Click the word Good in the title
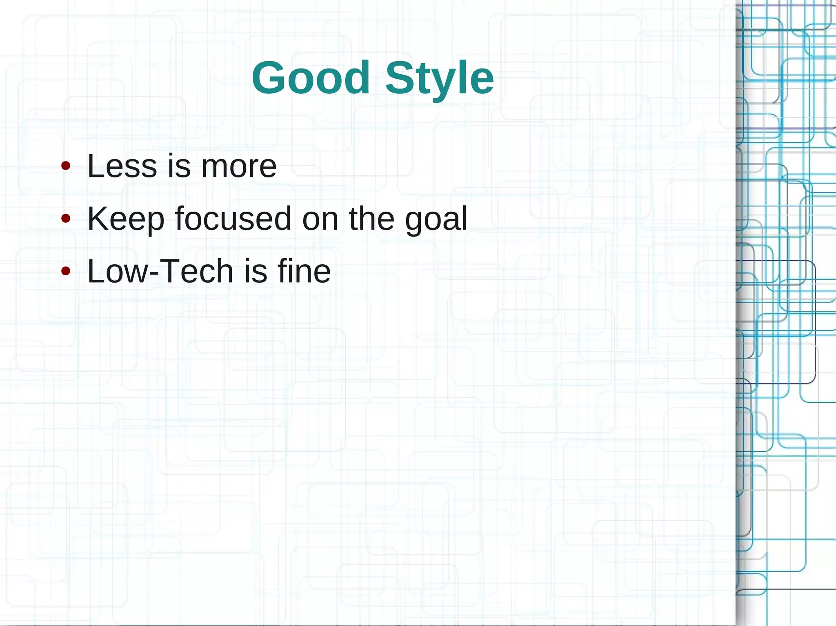pos(311,77)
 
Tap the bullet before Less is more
pos(65,166)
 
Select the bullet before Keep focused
pos(65,219)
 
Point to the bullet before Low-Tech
pos(65,271)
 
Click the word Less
pos(122,166)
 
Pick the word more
pos(239,167)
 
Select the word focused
pos(233,219)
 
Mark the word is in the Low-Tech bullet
pos(256,271)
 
